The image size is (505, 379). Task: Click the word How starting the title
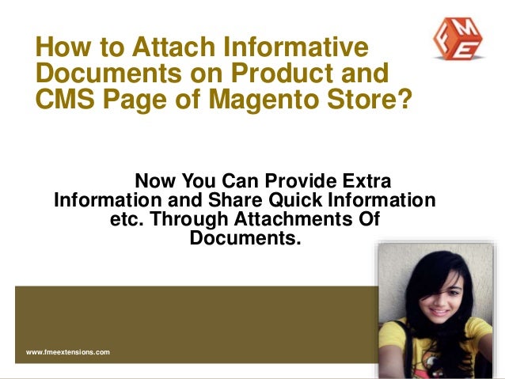[x=65, y=47]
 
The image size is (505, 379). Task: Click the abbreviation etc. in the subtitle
[x=125, y=218]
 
